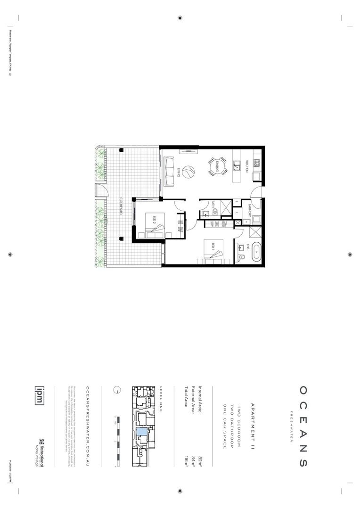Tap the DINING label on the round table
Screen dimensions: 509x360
point(217,167)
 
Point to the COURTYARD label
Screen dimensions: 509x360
point(121,206)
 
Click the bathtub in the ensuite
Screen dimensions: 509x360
point(256,252)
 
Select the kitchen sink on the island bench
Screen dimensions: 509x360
point(237,167)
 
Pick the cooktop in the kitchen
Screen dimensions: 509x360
point(257,163)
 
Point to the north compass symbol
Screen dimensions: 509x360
point(117,390)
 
